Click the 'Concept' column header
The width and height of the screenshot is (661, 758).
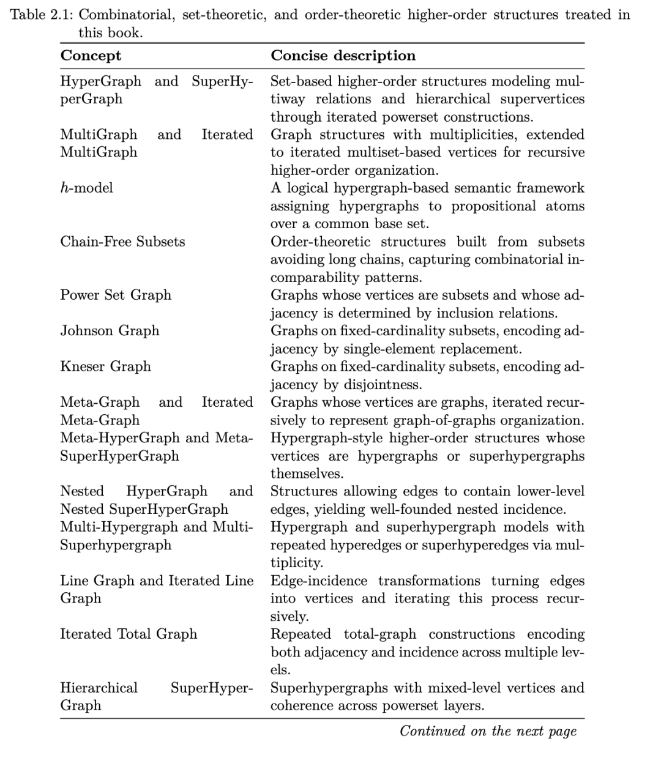click(91, 56)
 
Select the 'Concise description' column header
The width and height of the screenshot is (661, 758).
click(343, 56)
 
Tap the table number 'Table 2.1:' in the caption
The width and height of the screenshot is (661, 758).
click(42, 15)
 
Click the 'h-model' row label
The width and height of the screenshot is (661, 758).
click(86, 188)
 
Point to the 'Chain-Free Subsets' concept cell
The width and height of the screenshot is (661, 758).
click(122, 242)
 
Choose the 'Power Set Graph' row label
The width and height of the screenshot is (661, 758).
click(116, 295)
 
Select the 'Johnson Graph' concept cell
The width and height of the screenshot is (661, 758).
click(110, 331)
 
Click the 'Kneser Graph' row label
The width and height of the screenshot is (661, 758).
click(105, 366)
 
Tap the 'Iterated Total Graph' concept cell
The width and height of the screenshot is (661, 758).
click(129, 634)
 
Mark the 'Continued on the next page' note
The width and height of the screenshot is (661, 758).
click(488, 731)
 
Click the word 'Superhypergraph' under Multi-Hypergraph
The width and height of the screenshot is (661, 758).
click(116, 545)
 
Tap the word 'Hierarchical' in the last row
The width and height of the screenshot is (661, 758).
click(99, 688)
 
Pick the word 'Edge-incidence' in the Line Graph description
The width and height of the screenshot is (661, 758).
click(319, 581)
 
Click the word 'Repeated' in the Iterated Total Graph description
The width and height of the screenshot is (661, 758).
click(301, 634)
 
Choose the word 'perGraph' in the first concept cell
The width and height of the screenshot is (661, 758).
click(91, 99)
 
